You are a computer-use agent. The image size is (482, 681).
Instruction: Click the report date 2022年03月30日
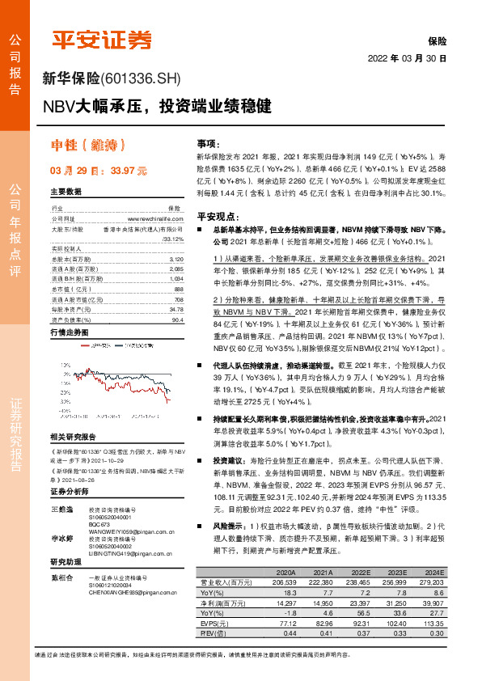[407, 58]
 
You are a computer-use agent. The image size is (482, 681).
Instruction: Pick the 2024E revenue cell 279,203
[429, 603]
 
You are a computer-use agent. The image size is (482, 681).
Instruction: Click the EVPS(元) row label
[218, 648]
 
